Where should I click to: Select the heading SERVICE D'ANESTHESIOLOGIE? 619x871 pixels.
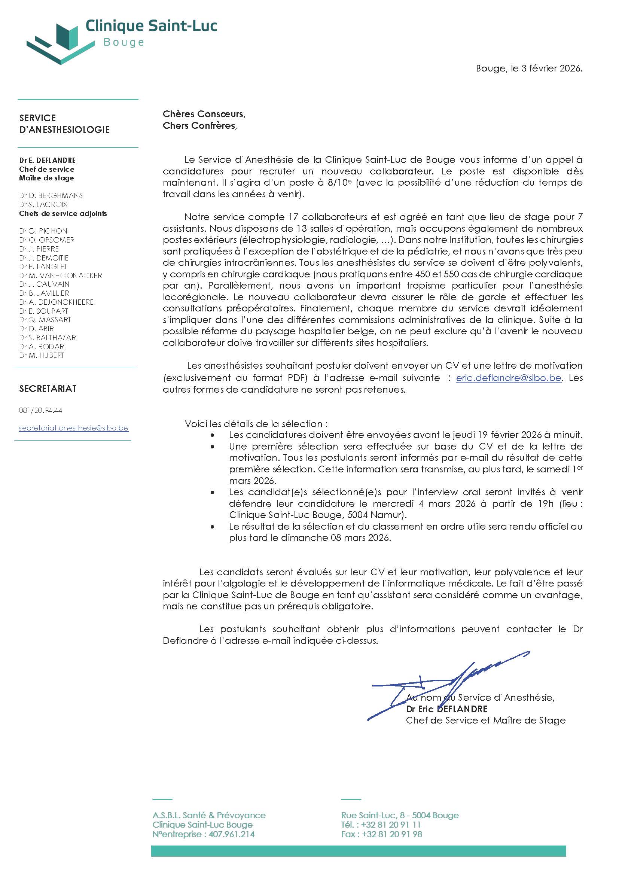pos(64,124)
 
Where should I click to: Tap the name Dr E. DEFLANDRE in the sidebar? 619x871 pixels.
pos(47,161)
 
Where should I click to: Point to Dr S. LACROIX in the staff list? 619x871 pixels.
pos(43,204)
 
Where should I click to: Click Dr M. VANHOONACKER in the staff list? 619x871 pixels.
pos(60,275)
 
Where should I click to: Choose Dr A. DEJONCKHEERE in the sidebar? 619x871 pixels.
pos(56,302)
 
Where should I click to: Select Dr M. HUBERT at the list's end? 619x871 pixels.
pos(42,355)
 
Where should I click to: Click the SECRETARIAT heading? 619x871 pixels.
pos(48,389)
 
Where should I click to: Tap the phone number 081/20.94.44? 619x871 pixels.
pos(40,411)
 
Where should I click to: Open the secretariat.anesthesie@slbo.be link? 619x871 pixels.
pos(73,428)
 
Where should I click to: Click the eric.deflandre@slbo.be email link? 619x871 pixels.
pos(508,378)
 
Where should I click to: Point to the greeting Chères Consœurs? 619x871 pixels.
pos(204,114)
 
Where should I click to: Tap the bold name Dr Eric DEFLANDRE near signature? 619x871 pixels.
pos(446,709)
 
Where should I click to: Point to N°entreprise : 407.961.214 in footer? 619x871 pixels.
pos(203,834)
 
